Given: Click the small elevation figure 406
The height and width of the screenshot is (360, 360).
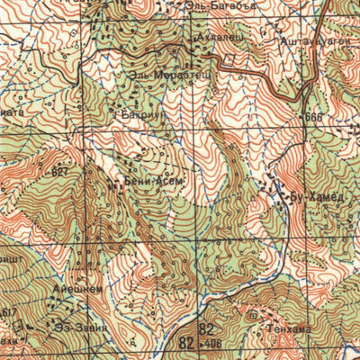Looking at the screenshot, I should coord(212,344).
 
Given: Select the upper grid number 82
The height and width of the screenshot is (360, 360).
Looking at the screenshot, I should coord(208,328).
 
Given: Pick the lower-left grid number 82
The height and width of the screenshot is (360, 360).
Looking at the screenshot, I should coord(187,343).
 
